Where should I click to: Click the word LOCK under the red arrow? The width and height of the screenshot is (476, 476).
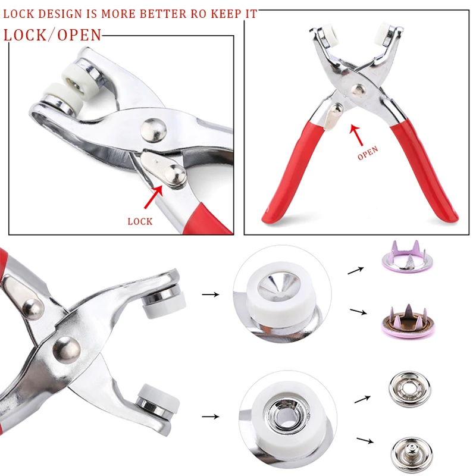click(x=140, y=221)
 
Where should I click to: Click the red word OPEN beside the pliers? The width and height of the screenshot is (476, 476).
click(x=368, y=153)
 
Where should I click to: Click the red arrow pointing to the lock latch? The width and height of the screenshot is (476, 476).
click(x=154, y=197)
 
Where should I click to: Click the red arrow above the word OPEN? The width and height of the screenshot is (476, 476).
click(x=356, y=135)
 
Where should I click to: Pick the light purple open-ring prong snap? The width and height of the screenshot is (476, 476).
click(x=407, y=256)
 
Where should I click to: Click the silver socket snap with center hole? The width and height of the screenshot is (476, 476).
click(x=409, y=389)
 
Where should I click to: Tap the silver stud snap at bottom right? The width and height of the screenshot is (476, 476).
click(x=412, y=455)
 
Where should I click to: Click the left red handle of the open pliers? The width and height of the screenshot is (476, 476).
click(x=292, y=171)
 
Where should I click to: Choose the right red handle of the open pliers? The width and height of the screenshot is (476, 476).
click(x=424, y=170)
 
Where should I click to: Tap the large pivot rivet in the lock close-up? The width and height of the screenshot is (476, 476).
click(x=154, y=130)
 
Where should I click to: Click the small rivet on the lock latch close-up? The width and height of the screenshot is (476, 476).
click(x=175, y=176)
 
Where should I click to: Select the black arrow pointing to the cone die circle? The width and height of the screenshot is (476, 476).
click(x=211, y=294)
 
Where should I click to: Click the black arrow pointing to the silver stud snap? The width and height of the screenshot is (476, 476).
click(x=365, y=440)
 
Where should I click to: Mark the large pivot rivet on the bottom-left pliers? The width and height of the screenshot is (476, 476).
click(x=67, y=350)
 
